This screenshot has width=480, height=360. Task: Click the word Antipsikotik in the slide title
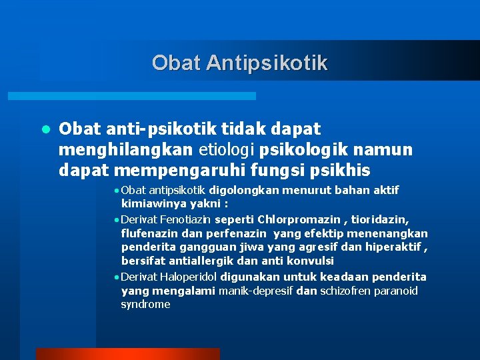[267, 63]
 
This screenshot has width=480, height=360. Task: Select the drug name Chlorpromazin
[299, 219]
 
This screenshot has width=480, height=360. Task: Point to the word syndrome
[145, 305]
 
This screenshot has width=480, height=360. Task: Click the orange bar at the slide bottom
[127, 354]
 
